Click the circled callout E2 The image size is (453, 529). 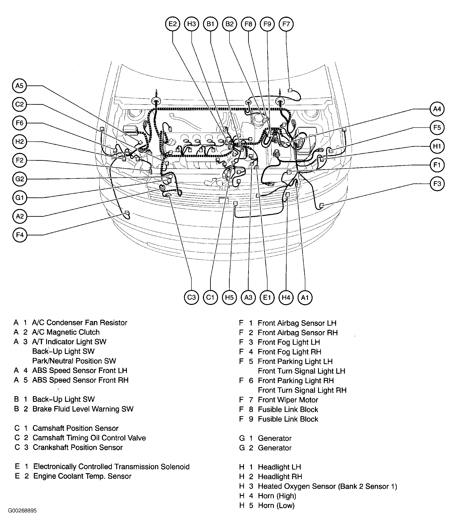click(173, 24)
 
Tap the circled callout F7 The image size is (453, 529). click(286, 24)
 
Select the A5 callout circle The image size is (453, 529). click(20, 86)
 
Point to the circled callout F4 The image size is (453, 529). click(20, 235)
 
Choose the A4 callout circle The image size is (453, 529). click(437, 109)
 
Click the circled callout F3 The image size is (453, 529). click(437, 184)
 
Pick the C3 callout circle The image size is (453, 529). click(191, 297)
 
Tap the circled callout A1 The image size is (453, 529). click(305, 297)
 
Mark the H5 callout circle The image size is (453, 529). click(229, 297)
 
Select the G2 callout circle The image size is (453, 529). click(20, 179)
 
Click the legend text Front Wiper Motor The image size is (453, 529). click(288, 400)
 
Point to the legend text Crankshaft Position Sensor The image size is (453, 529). click(78, 447)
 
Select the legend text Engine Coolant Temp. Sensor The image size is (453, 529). click(82, 476)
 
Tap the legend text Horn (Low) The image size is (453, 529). click(276, 505)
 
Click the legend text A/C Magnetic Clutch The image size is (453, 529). click(66, 332)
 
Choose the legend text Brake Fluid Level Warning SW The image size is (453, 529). click(83, 409)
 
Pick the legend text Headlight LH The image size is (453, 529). click(280, 467)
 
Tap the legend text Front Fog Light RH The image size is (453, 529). click(289, 352)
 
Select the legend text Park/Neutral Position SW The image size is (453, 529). click(74, 361)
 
